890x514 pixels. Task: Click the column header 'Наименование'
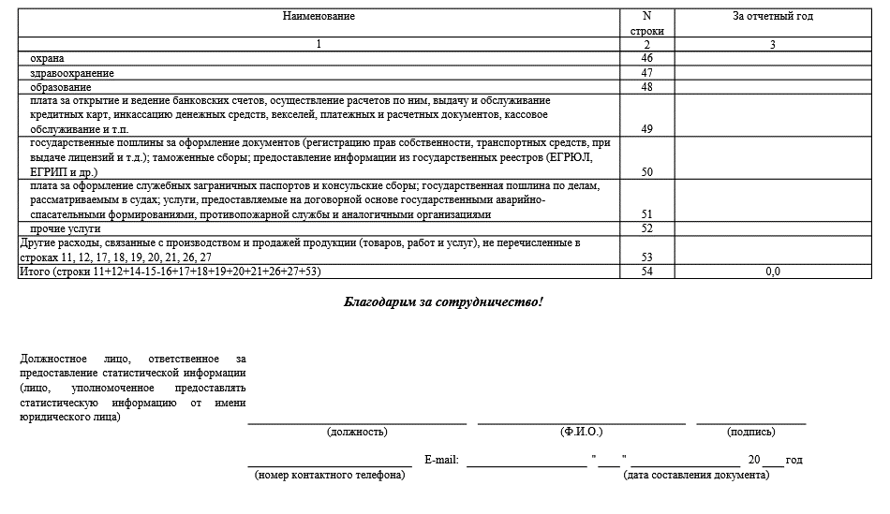pos(319,16)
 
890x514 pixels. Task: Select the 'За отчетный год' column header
pos(772,16)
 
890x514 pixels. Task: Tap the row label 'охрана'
pos(48,58)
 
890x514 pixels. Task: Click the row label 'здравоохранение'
pos(72,73)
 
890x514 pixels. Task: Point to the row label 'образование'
pos(61,87)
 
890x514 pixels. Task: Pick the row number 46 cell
pos(646,58)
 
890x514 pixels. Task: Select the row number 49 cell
pos(646,129)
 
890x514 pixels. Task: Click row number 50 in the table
pos(646,172)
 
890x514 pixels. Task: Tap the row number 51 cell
pos(646,214)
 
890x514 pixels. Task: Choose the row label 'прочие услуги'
pos(66,228)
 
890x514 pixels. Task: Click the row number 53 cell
pos(646,257)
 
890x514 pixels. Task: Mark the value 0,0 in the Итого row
pos(772,272)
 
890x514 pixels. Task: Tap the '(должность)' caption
pos(357,432)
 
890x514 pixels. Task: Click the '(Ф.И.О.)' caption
pos(581,432)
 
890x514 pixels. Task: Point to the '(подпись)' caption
pos(750,432)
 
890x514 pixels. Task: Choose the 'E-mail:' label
pos(441,460)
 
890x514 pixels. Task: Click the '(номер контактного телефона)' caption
pos(330,475)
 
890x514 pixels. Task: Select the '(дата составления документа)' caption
pos(696,475)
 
